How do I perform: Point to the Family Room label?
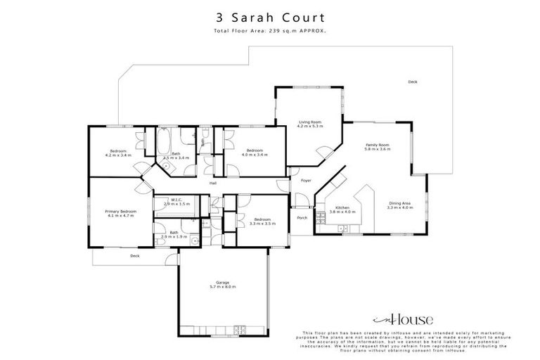pos(377,145)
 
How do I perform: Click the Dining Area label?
pos(400,204)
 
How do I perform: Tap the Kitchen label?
pos(342,207)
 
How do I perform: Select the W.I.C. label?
pos(173,200)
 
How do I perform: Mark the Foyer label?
pos(306,181)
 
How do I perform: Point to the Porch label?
pos(302,217)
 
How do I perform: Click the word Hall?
pos(212,184)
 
